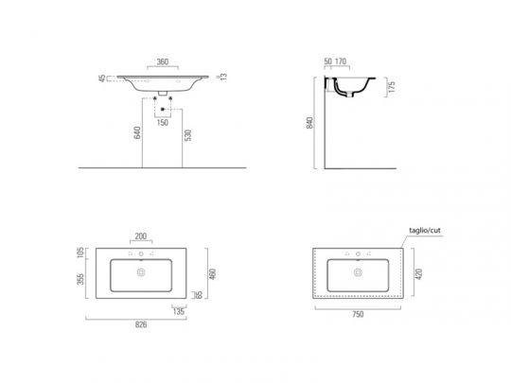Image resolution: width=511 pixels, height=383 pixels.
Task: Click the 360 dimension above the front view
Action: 163,61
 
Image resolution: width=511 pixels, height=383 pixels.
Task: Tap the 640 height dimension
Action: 137,132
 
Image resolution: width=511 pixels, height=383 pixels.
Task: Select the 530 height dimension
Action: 188,135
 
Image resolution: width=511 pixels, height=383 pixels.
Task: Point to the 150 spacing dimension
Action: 163,123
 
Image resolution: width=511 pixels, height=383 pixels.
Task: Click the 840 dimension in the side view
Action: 310,123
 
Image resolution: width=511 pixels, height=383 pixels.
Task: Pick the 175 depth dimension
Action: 392,87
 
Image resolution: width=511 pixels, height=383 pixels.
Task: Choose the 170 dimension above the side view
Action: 341,61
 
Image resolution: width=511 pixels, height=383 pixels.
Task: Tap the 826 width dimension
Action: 140,324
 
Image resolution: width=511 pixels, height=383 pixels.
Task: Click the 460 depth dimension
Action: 212,274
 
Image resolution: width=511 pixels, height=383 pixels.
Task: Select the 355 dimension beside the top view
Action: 80,279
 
